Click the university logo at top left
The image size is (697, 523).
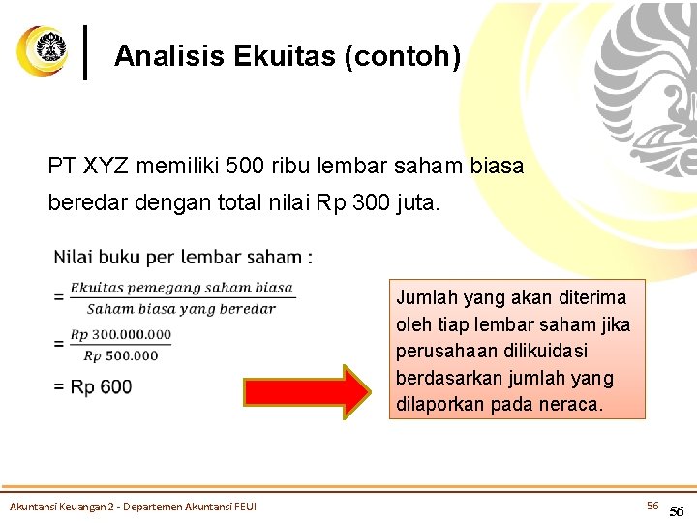coord(43,50)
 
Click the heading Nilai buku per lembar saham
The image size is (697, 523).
coord(182,258)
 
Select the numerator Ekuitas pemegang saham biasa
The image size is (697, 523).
coord(181,287)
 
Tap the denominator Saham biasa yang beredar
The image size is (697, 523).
coord(181,309)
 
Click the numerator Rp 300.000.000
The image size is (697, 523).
coord(121,334)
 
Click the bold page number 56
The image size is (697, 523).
coord(677,511)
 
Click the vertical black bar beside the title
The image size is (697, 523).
coord(88,52)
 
